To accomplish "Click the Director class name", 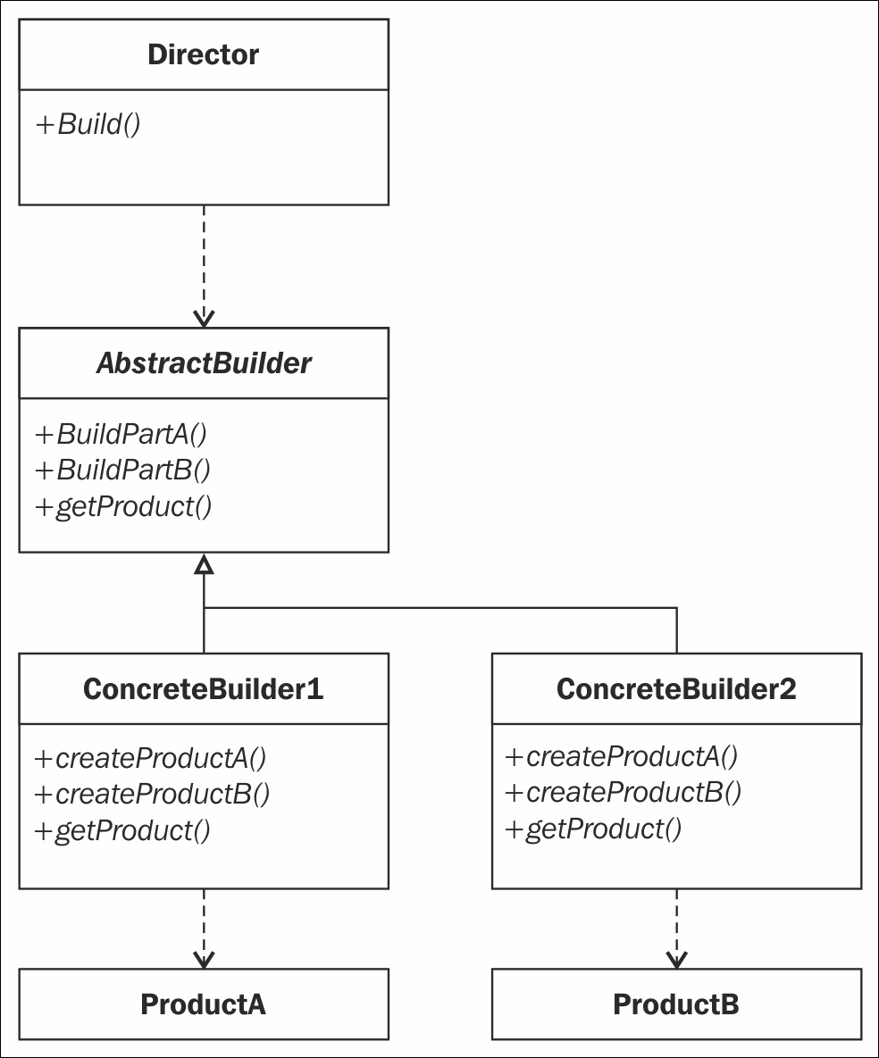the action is tap(203, 54).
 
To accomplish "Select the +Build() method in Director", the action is tap(88, 124).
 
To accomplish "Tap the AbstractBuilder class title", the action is tap(204, 363).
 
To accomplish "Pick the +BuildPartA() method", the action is tap(121, 434).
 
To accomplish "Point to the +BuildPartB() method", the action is tap(123, 470).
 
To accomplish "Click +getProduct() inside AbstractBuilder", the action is tap(123, 506).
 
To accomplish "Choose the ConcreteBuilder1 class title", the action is tap(203, 689).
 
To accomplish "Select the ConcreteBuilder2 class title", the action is tap(676, 689).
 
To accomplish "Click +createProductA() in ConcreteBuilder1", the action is tap(151, 758).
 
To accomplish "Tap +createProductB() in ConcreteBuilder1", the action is tap(153, 795).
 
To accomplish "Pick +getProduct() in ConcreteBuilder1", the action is tap(123, 830).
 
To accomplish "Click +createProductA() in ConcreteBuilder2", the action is tap(622, 756).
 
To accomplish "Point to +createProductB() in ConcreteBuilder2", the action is tap(624, 792).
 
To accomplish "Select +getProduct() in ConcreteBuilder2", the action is tap(594, 829).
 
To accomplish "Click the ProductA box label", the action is tap(203, 1004).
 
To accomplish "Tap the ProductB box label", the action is tap(676, 1004).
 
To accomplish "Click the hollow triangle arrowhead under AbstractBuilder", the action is tap(204, 565).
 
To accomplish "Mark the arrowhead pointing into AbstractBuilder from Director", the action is tap(204, 319).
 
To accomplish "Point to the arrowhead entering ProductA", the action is tap(204, 960).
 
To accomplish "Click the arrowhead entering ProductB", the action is tap(676, 960).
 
